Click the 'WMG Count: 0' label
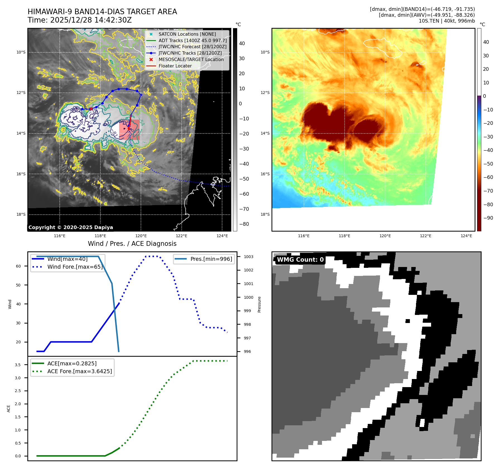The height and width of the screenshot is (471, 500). (300, 260)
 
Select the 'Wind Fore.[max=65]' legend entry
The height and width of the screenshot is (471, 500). (75, 267)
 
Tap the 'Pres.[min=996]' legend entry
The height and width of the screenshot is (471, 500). (211, 259)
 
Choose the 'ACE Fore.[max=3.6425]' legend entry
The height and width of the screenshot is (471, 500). (80, 371)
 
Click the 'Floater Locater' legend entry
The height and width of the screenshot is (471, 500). (175, 66)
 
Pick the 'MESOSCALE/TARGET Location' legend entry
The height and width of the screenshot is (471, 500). (191, 59)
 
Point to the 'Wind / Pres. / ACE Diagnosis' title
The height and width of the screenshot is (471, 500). (132, 244)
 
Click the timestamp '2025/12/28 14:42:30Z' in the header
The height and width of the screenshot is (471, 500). (91, 20)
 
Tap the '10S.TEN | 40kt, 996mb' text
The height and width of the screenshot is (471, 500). (446, 21)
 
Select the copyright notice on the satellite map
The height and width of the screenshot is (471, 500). (71, 227)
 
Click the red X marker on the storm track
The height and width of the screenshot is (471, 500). (91, 109)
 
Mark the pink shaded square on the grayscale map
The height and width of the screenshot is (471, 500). (129, 130)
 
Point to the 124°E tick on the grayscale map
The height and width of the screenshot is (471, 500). (222, 236)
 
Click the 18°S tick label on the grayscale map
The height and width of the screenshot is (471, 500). (21, 214)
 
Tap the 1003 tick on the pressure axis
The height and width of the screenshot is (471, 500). (248, 257)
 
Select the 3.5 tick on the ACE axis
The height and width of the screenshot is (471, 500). (18, 365)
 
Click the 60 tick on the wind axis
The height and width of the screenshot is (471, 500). (18, 266)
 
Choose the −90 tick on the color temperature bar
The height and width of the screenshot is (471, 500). (488, 218)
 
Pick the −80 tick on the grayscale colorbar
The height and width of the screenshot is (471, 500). (244, 224)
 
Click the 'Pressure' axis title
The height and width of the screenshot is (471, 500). (259, 304)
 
